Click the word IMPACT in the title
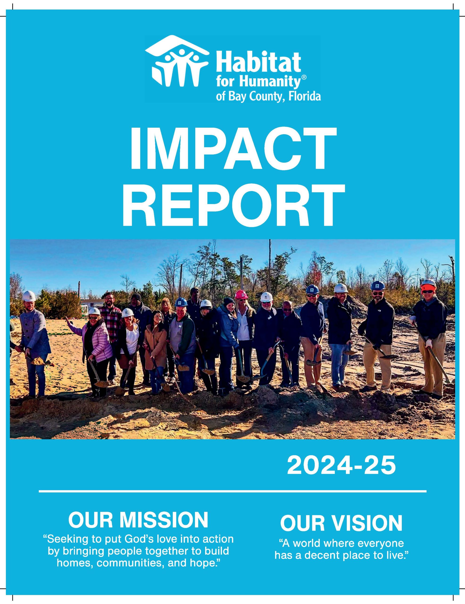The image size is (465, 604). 233,149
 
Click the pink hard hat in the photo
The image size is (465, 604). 240,294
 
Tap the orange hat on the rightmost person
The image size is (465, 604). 428,286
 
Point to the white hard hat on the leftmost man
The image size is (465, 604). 29,296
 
